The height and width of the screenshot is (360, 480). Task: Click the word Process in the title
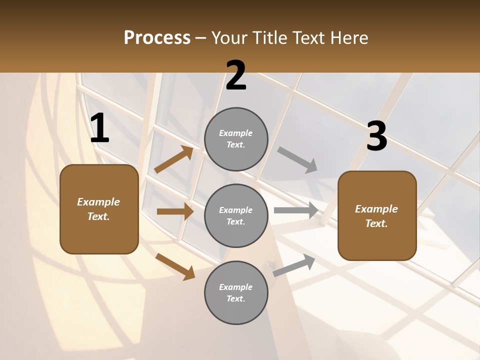(157, 38)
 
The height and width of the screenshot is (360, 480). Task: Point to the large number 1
(99, 128)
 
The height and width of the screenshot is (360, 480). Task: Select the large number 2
(236, 76)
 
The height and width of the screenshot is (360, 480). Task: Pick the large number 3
(376, 136)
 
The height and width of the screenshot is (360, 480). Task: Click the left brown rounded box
(99, 209)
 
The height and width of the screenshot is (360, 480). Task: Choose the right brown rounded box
(377, 216)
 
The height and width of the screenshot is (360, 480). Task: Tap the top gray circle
(236, 139)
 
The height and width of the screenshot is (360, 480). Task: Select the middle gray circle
(236, 216)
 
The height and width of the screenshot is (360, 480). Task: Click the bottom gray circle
(236, 292)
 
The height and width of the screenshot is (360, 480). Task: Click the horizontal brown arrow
(175, 211)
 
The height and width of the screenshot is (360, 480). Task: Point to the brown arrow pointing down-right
(175, 266)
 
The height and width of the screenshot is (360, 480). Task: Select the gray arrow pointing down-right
(297, 160)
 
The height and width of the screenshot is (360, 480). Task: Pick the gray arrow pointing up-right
(294, 265)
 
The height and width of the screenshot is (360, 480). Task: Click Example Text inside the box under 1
(98, 209)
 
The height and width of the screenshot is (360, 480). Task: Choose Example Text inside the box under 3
(376, 216)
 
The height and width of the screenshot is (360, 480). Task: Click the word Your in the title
(228, 38)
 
